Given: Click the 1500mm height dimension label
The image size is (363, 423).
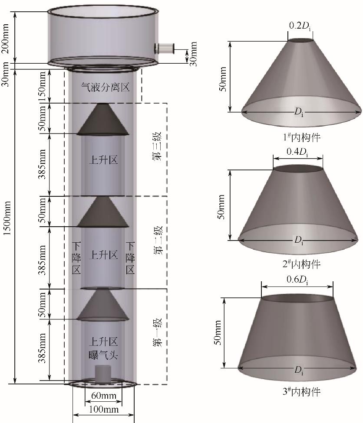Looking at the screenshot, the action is point(7,218).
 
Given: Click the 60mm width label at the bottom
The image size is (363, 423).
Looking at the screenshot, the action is point(103,396).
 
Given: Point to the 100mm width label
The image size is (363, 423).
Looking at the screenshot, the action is point(104,410).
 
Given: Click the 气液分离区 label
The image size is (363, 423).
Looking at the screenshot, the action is point(106,87).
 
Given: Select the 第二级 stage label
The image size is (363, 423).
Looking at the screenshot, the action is point(157,241).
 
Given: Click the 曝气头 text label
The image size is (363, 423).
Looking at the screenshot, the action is point(103,355).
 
